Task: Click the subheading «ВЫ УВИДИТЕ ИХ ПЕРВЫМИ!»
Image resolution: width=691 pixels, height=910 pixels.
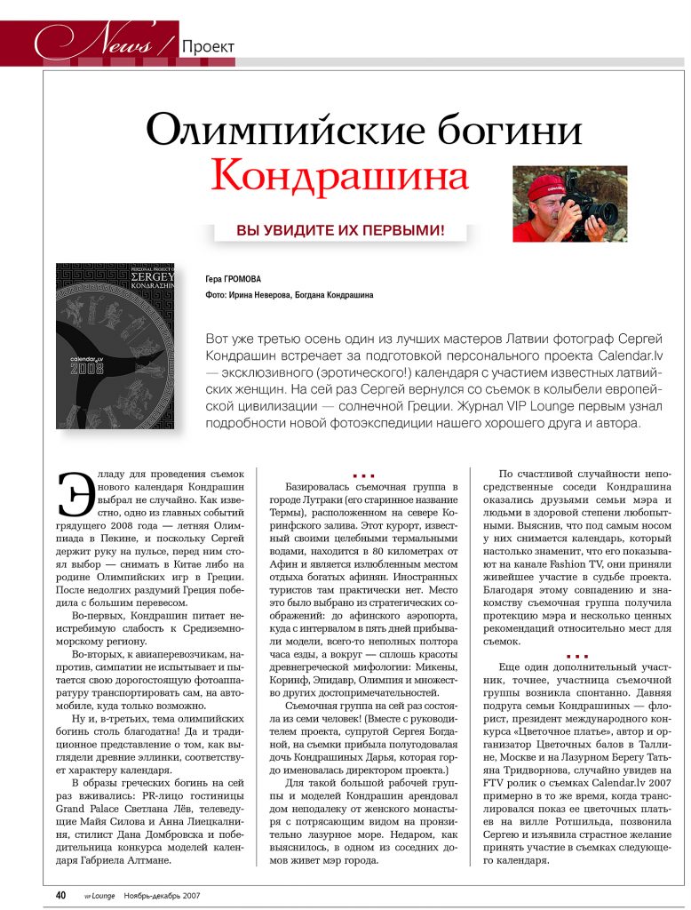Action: click(340, 231)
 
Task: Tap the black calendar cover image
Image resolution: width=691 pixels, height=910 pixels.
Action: click(115, 347)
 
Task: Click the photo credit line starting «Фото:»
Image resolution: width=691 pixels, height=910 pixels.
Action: click(289, 295)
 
